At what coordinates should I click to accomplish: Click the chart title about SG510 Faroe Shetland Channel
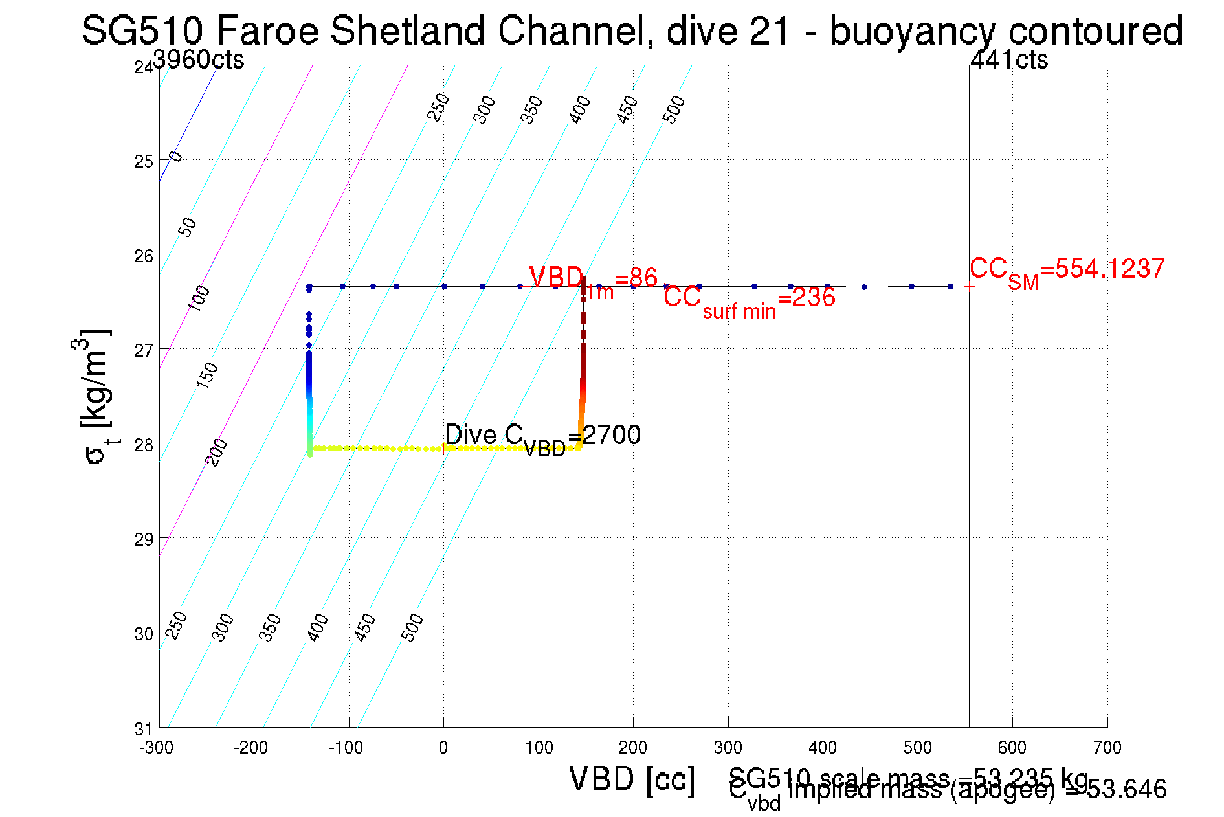632,30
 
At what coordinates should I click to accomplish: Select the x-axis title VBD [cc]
632,779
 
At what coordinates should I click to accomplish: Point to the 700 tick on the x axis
1107,748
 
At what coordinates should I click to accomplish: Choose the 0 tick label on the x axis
443,748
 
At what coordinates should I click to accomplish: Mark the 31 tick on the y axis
143,729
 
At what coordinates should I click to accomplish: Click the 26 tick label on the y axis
143,256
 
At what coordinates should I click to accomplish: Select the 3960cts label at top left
199,60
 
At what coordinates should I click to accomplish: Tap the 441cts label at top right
1009,60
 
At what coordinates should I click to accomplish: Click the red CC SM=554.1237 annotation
1067,271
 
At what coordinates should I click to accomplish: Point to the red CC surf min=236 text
749,300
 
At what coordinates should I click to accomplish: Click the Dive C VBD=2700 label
542,437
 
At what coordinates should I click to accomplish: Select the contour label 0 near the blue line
176,157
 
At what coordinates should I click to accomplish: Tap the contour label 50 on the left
187,227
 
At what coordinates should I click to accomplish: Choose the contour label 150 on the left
206,375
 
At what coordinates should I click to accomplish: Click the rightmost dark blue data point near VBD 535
950,286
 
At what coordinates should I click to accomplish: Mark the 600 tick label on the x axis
1012,748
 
